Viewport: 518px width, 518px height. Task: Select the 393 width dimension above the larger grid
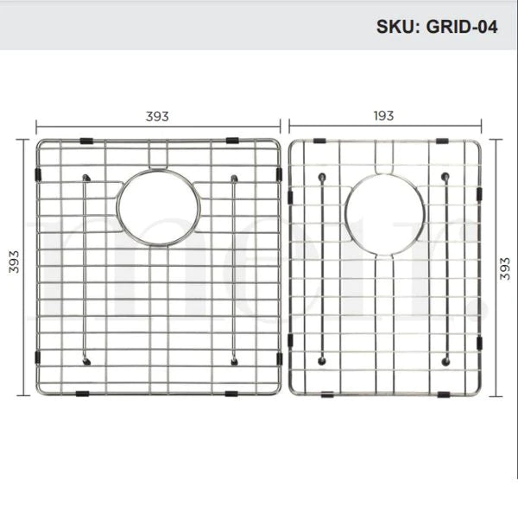click(x=157, y=116)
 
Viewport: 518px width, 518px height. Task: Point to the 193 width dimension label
click(x=383, y=116)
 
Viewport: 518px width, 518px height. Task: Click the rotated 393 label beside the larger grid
click(x=14, y=267)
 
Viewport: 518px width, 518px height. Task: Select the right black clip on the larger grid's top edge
click(x=233, y=140)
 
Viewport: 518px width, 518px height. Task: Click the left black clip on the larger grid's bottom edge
click(x=82, y=394)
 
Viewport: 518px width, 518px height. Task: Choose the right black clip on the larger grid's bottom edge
click(x=233, y=394)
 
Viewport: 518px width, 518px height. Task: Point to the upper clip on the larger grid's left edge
click(x=37, y=175)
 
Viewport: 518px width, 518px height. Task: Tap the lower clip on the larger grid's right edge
click(x=279, y=357)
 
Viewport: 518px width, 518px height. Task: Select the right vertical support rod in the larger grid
click(x=234, y=268)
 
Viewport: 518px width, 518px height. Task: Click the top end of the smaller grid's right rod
click(x=445, y=177)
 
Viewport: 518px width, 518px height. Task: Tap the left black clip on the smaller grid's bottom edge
click(x=328, y=395)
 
